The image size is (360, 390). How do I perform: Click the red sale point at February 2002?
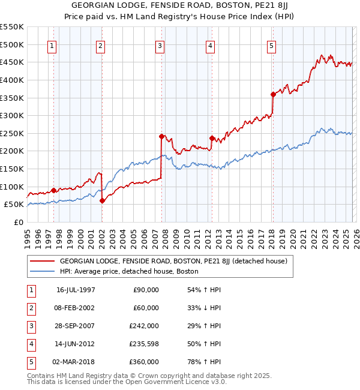point(102,201)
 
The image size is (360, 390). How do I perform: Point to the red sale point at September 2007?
point(162,136)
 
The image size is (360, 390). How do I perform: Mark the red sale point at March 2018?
point(273,94)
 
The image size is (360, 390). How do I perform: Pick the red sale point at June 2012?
point(212,138)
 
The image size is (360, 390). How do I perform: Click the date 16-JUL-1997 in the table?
point(76,290)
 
